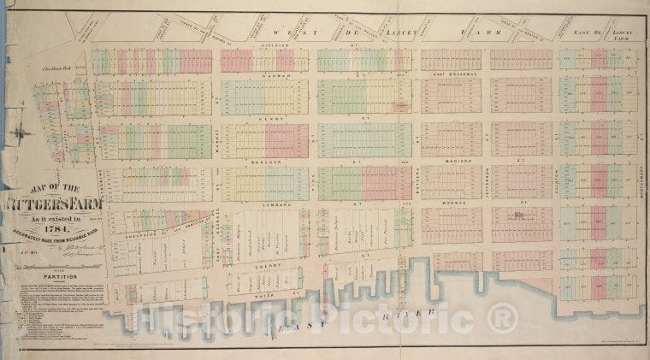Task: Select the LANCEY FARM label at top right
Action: point(628,34)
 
